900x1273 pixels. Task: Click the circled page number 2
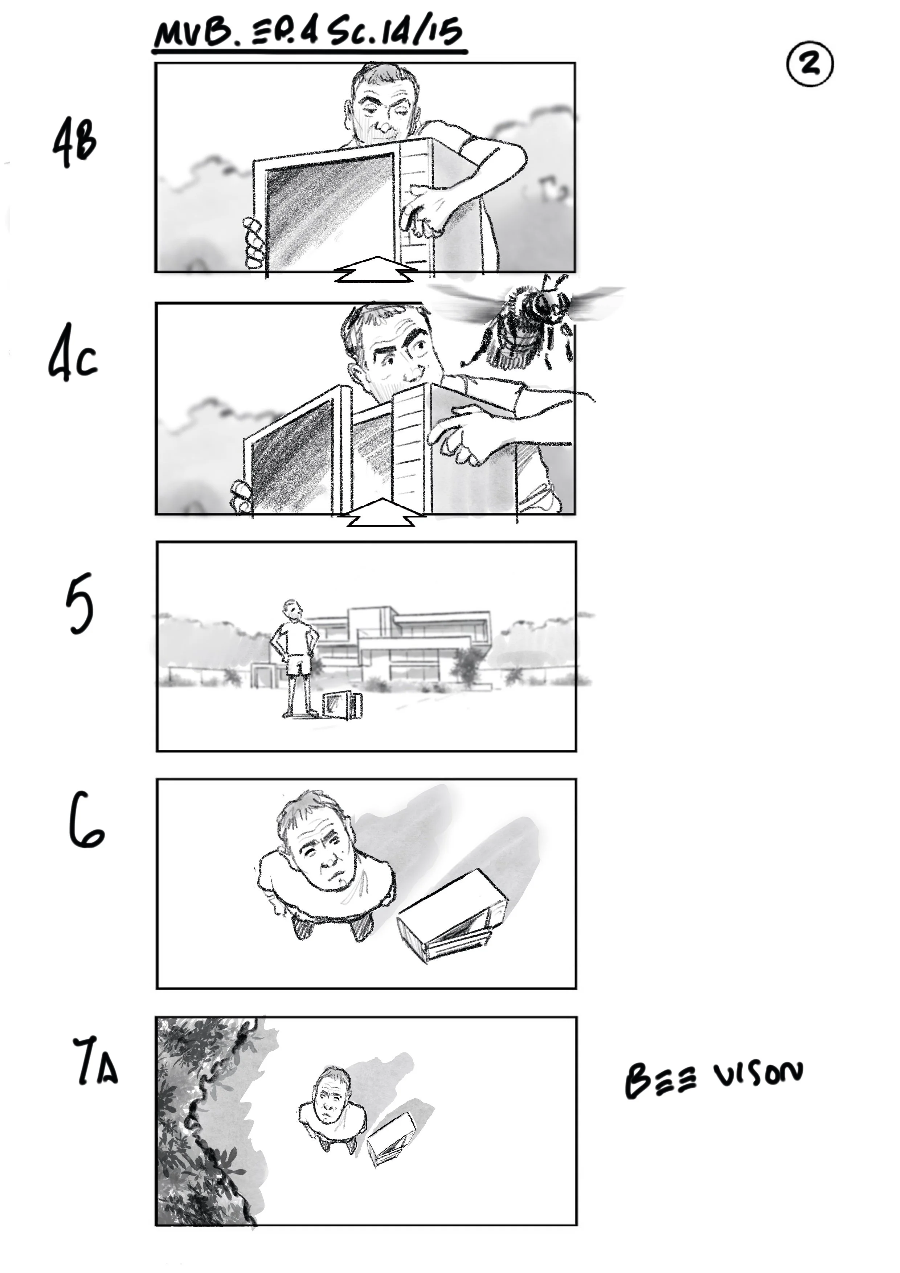point(810,65)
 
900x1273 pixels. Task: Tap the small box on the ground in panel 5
point(342,705)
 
